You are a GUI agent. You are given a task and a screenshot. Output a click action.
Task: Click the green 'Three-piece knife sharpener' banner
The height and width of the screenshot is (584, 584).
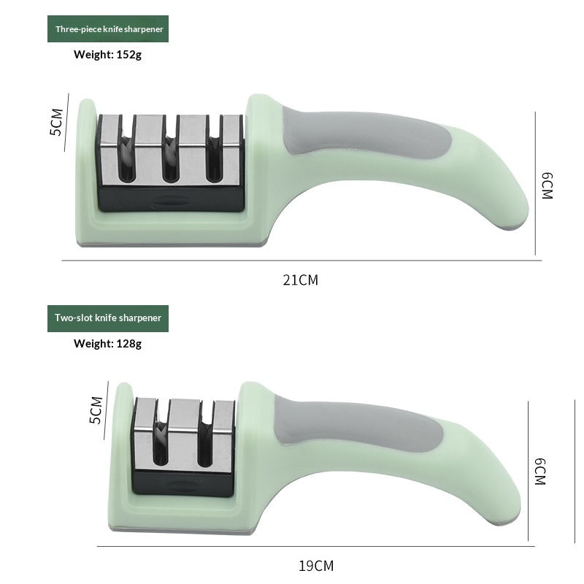108,29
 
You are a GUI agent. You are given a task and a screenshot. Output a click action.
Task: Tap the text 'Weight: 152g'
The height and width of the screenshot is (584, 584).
107,54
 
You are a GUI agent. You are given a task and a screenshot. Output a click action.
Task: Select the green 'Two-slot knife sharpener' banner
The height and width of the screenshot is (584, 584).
108,318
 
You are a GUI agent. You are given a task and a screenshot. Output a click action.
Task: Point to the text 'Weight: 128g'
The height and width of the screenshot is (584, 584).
107,343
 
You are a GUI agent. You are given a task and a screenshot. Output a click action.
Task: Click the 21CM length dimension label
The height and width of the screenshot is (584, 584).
301,280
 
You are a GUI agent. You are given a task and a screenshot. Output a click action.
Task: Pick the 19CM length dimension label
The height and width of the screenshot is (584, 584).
316,565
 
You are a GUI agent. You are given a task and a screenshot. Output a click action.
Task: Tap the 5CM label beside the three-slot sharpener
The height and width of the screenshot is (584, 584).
56,122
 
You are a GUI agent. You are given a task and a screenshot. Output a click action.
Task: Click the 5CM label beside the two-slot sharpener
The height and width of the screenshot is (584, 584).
96,410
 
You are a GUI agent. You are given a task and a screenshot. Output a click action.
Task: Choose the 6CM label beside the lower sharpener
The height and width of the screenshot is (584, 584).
539,472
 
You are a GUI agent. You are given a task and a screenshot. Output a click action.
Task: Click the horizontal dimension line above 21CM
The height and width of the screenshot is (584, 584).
301,261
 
